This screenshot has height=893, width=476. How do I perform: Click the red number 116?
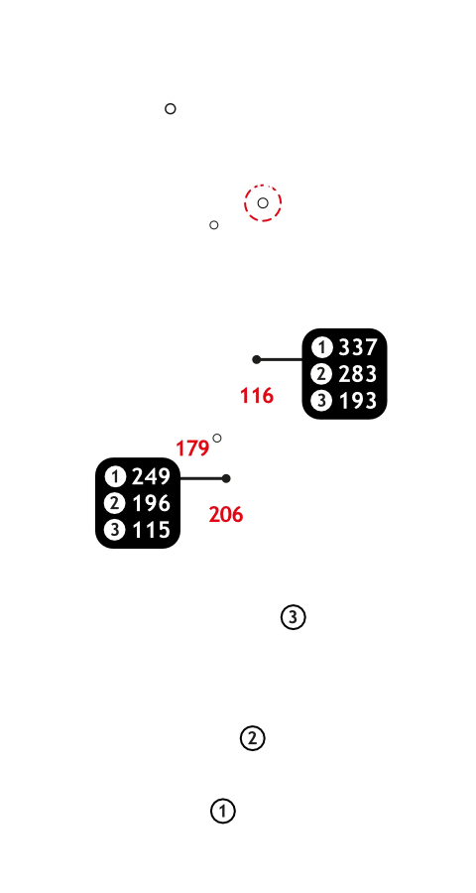257,396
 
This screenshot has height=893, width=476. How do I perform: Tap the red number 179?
192,448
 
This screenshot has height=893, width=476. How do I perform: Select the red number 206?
226,515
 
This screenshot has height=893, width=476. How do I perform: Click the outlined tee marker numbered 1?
222,811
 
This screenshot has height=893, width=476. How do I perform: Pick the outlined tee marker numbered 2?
252,738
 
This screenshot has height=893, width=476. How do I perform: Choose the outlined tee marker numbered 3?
294,617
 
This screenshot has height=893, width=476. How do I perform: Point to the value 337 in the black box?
358,347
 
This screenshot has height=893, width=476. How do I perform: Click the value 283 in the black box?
358,374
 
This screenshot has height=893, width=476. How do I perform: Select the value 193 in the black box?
358,401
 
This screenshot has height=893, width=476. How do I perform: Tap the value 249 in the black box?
152,476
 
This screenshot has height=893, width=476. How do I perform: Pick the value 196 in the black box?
152,503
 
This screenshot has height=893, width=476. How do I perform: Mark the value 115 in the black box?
152,530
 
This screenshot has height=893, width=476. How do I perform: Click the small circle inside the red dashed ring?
263,202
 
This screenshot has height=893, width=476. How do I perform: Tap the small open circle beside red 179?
217,438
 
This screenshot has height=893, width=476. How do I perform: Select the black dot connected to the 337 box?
257,359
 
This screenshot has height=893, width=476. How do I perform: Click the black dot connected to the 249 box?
226,478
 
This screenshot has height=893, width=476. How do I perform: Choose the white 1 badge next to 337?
321,347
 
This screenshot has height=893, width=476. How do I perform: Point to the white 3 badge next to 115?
115,530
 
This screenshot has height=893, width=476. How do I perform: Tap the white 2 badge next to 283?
321,374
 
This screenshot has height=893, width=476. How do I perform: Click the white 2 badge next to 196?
115,503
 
